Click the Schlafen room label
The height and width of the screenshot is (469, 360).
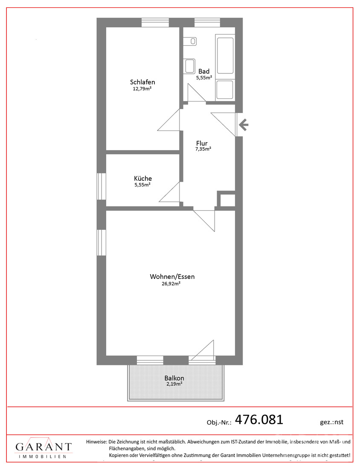pos(142,82)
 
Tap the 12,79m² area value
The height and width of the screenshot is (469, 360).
pos(142,89)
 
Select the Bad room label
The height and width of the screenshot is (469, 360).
pos(204,71)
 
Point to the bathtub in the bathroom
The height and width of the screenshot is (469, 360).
pos(225,55)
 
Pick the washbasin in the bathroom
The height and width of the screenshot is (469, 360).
pos(190,66)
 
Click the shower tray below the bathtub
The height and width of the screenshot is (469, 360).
pos(225,90)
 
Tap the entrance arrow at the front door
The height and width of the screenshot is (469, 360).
pos(244,124)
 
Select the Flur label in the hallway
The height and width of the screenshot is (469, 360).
pos(202,143)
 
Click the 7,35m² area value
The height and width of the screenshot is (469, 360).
pos(203,149)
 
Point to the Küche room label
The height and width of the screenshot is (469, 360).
pos(143,178)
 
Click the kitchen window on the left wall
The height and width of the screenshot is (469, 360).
pos(102,186)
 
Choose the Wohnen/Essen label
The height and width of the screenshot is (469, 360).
pos(172,277)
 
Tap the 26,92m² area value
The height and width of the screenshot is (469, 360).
pos(171,284)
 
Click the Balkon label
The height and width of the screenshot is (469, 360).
pos(174,378)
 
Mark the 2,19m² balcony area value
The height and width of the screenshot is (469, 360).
pos(174,384)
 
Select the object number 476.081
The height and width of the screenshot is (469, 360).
pos(259,420)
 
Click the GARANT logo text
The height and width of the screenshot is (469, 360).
pos(44,447)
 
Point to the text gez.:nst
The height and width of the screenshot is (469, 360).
pos(331,422)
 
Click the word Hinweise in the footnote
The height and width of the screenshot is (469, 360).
pos(96,441)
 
